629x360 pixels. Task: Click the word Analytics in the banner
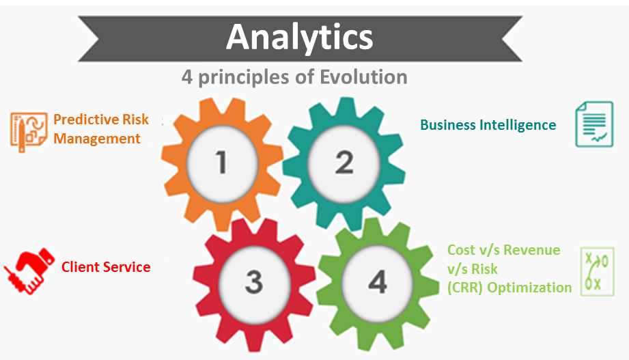300,38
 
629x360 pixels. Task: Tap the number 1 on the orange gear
221,163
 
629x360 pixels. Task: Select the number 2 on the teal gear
344,163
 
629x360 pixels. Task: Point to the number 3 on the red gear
254,281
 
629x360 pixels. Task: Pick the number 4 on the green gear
378,281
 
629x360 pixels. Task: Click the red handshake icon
29,271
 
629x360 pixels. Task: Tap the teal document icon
594,124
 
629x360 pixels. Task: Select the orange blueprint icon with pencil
28,132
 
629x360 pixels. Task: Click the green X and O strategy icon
598,272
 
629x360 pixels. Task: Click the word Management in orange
97,139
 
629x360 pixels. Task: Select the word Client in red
79,267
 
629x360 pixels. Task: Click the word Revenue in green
531,250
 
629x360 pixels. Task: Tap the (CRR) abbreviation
465,288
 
